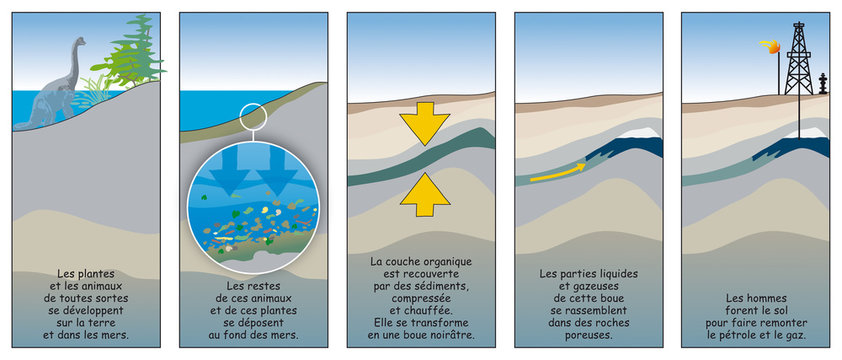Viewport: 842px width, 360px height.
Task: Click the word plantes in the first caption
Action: tap(89, 274)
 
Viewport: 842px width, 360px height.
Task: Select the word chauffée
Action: tap(431, 311)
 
